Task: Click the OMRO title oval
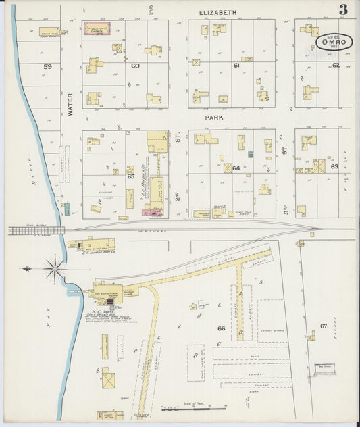(x=335, y=42)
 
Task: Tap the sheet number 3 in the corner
(x=343, y=9)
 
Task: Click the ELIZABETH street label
(x=218, y=12)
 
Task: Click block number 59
(x=47, y=66)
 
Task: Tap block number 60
(x=135, y=66)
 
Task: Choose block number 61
(x=236, y=66)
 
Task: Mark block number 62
(x=335, y=66)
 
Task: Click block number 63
(x=334, y=166)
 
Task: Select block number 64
(x=236, y=168)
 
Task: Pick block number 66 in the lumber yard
(x=220, y=328)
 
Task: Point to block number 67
(x=324, y=326)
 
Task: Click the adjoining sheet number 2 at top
(x=151, y=10)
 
